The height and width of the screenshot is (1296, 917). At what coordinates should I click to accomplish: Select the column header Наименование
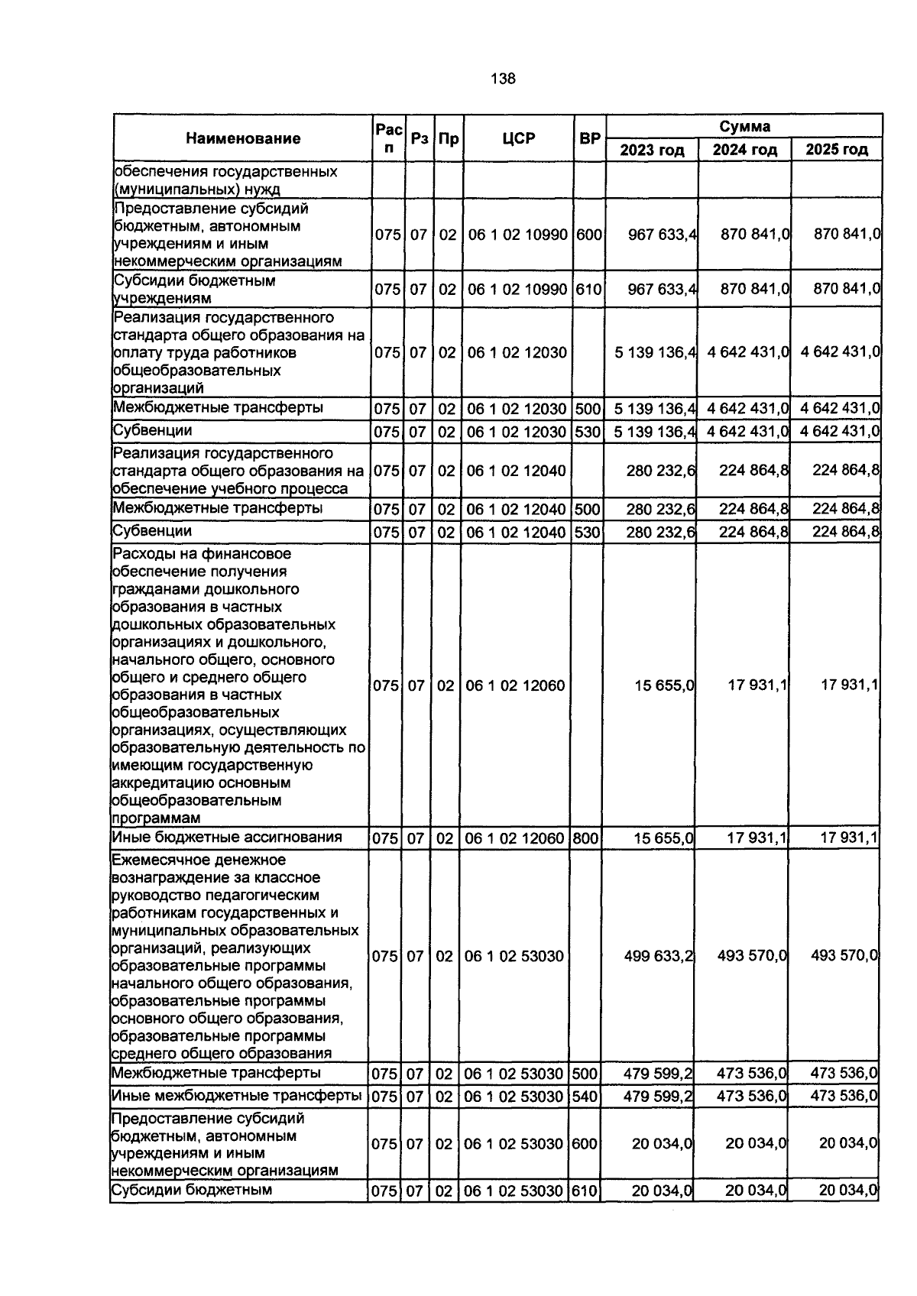coord(243,138)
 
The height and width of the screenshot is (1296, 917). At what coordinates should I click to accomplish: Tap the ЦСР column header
coord(518,138)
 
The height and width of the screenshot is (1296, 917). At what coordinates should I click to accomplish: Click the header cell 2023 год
coord(651,150)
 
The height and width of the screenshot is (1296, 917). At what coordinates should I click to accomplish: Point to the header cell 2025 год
coord(837,150)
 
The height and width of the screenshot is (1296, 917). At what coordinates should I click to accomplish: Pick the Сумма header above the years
coord(744,126)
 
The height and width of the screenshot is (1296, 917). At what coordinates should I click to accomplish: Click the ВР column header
coord(589,138)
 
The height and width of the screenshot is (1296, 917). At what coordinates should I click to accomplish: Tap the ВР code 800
coord(585,838)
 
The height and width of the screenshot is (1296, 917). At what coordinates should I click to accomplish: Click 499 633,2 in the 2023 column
coord(658,956)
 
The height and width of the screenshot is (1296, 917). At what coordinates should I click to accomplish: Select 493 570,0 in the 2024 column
coord(752,956)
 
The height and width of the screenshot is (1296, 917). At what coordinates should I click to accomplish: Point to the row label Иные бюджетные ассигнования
coord(226,837)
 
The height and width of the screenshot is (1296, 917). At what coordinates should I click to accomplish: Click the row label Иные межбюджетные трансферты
coord(236,1095)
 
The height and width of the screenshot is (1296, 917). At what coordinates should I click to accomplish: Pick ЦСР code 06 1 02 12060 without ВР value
coord(515,685)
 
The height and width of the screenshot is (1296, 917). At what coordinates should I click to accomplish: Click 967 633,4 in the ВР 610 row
coord(662,290)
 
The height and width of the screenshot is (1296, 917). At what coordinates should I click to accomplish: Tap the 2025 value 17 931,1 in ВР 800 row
coord(848,838)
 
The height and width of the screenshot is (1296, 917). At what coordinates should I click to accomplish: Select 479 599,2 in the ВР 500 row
coord(658,1074)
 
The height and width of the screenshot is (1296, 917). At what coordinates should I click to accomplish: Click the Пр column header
coord(449,138)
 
